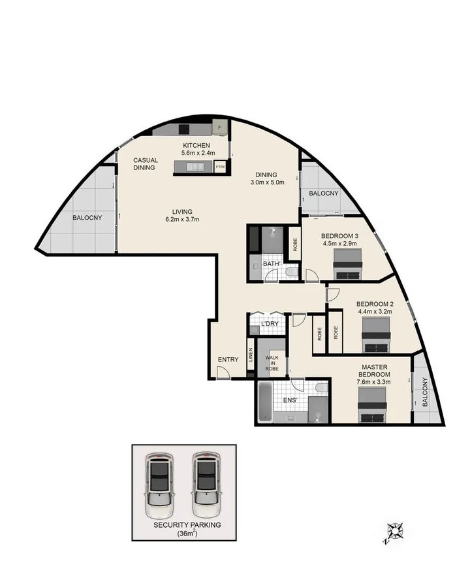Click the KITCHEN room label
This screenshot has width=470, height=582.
(x=196, y=145)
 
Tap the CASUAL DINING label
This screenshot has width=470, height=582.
(x=146, y=163)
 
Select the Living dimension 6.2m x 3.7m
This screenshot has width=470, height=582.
(x=181, y=219)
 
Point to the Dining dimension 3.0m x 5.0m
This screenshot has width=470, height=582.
(x=266, y=182)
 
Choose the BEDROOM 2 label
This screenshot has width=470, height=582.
(x=375, y=303)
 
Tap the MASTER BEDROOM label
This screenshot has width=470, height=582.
(x=374, y=371)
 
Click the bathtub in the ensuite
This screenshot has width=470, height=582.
(x=264, y=401)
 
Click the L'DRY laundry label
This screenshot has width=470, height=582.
(x=270, y=324)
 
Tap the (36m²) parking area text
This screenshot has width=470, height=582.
(x=187, y=534)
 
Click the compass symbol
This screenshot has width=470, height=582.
(x=396, y=533)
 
